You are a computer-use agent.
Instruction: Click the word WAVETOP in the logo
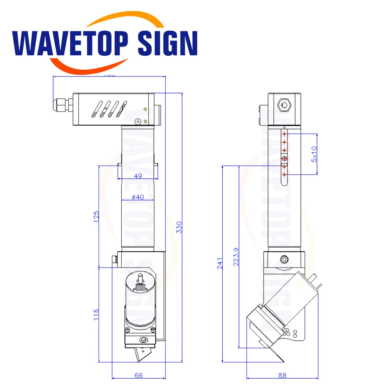[x=72, y=43]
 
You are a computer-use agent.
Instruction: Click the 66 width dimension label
[x=138, y=375]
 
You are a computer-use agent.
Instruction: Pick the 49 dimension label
[x=138, y=176]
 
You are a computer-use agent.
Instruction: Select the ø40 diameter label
[x=138, y=197]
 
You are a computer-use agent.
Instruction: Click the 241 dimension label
[x=220, y=264]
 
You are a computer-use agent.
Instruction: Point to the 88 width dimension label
[x=282, y=375]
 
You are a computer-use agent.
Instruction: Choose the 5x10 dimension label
[x=314, y=154]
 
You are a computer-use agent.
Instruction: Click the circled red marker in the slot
[x=284, y=158]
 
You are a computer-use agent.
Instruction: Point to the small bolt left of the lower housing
[x=114, y=259]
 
